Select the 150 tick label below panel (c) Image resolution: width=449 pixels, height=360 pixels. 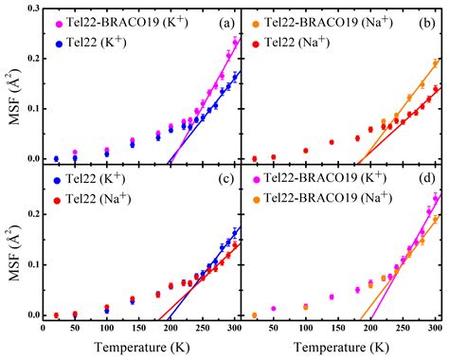[138, 330]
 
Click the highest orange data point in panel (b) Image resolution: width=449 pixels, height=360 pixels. [435, 63]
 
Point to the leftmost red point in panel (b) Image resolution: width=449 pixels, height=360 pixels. [255, 158]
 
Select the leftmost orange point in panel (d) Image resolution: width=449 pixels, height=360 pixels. [255, 315]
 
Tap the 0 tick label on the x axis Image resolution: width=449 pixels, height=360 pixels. [43, 330]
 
